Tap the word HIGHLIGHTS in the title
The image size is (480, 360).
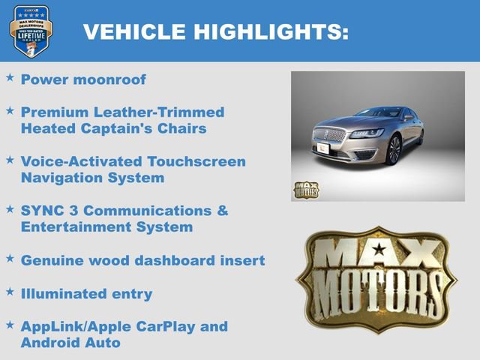pyautogui.click(x=271, y=31)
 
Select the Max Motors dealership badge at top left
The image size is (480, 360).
pyautogui.click(x=30, y=31)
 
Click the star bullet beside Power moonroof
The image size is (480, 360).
pyautogui.click(x=10, y=77)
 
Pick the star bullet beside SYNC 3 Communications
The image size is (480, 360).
pyautogui.click(x=10, y=208)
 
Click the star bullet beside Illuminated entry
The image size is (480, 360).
pyautogui.click(x=10, y=291)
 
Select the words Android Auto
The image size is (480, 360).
pyautogui.click(x=70, y=343)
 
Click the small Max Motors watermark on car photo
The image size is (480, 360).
pyautogui.click(x=305, y=190)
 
